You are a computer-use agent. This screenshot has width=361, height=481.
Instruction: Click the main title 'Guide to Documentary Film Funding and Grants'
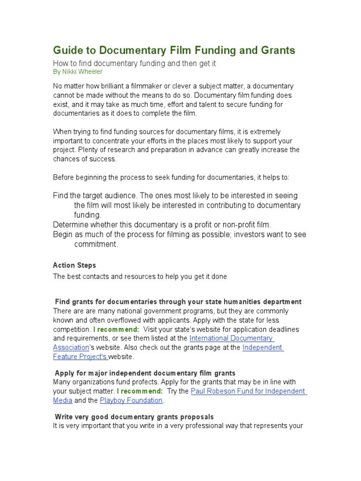point(174,50)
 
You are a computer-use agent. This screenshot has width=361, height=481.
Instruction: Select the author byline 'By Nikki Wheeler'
point(78,72)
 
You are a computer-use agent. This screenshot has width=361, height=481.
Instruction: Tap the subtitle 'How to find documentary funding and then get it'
point(134,63)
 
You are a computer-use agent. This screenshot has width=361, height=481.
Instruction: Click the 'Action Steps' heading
point(74,265)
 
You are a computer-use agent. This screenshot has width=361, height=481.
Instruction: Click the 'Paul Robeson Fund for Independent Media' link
point(249,391)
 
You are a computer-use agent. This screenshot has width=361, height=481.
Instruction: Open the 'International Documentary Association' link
point(231,338)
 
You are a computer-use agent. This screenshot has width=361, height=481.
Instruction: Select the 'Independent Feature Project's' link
point(262,348)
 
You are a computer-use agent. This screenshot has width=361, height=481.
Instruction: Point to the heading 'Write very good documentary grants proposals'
point(134,417)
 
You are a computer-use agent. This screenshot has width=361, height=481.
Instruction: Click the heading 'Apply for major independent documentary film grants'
point(145,373)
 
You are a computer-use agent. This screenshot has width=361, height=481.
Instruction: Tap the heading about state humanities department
point(178,302)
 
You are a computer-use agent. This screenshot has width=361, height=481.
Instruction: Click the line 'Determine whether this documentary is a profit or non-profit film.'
point(162,225)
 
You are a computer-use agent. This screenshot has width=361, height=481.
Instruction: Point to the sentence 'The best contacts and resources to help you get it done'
point(140,277)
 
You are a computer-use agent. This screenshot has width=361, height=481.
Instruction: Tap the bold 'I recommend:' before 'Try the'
point(140,391)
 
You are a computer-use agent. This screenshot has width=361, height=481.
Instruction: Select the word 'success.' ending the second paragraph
point(102,159)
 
